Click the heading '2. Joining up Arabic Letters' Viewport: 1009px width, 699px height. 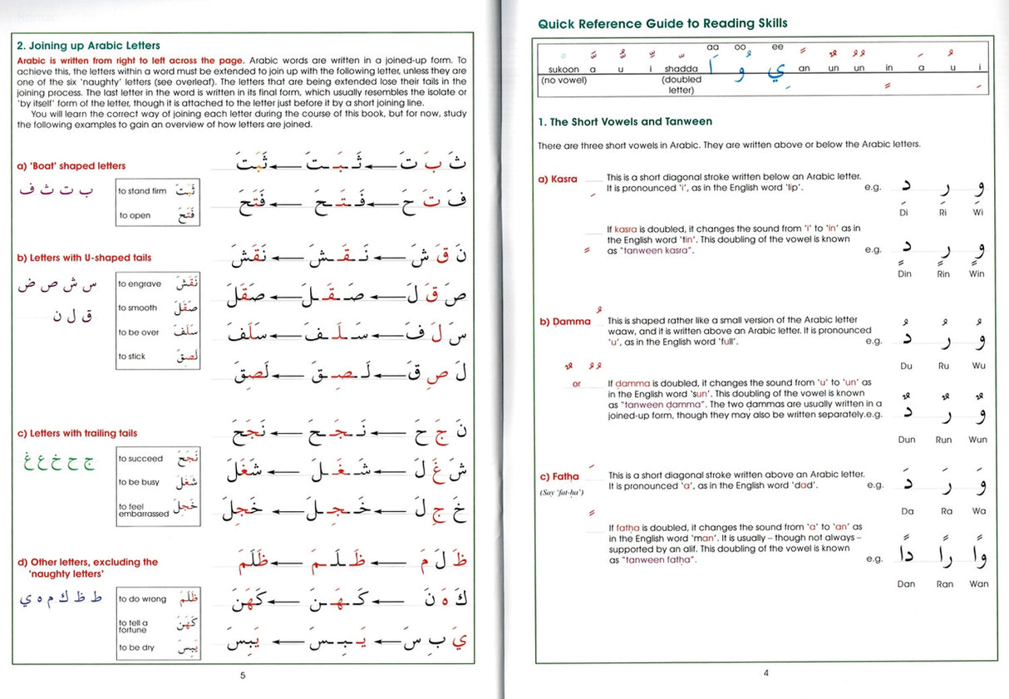[x=89, y=46]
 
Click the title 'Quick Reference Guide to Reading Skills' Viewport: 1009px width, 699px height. [x=662, y=23]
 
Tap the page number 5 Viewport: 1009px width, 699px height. [x=243, y=675]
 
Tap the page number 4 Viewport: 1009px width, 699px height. [x=765, y=673]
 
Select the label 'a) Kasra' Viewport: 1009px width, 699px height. [x=558, y=180]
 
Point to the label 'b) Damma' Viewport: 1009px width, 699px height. [x=565, y=322]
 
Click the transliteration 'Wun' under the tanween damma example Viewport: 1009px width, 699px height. [x=978, y=440]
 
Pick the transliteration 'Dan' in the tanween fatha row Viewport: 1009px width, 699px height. [x=906, y=584]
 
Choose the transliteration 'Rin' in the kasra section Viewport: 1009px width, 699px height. [x=943, y=274]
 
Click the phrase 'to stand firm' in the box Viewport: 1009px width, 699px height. [x=141, y=191]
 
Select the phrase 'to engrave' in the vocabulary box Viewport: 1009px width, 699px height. [x=139, y=284]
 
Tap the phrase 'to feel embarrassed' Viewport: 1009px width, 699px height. [x=143, y=510]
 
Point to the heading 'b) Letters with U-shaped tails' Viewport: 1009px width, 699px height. [x=84, y=258]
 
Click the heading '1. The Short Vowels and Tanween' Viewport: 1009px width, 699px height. [x=625, y=122]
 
